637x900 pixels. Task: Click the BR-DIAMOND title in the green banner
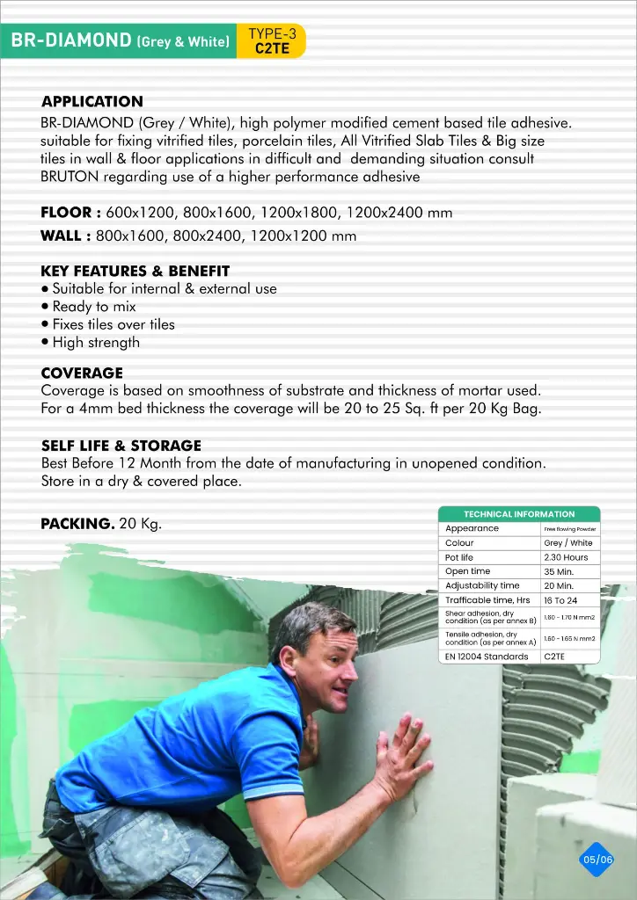(120, 41)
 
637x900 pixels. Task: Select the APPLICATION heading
(92, 102)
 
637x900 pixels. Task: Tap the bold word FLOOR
(70, 213)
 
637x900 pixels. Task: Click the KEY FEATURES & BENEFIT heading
(135, 271)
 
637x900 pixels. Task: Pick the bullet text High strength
(96, 343)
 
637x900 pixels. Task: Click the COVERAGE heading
(82, 373)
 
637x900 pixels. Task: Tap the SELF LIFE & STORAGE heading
(121, 446)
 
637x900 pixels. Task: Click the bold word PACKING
(77, 524)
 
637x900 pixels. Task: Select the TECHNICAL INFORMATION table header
(519, 514)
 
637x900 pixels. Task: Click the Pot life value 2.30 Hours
(566, 557)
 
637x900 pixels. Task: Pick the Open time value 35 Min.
(559, 571)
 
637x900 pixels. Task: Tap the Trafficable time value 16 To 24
(560, 600)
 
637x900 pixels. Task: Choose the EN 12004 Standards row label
(487, 657)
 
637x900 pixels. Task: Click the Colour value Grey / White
(568, 543)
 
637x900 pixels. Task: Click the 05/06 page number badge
(597, 859)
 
